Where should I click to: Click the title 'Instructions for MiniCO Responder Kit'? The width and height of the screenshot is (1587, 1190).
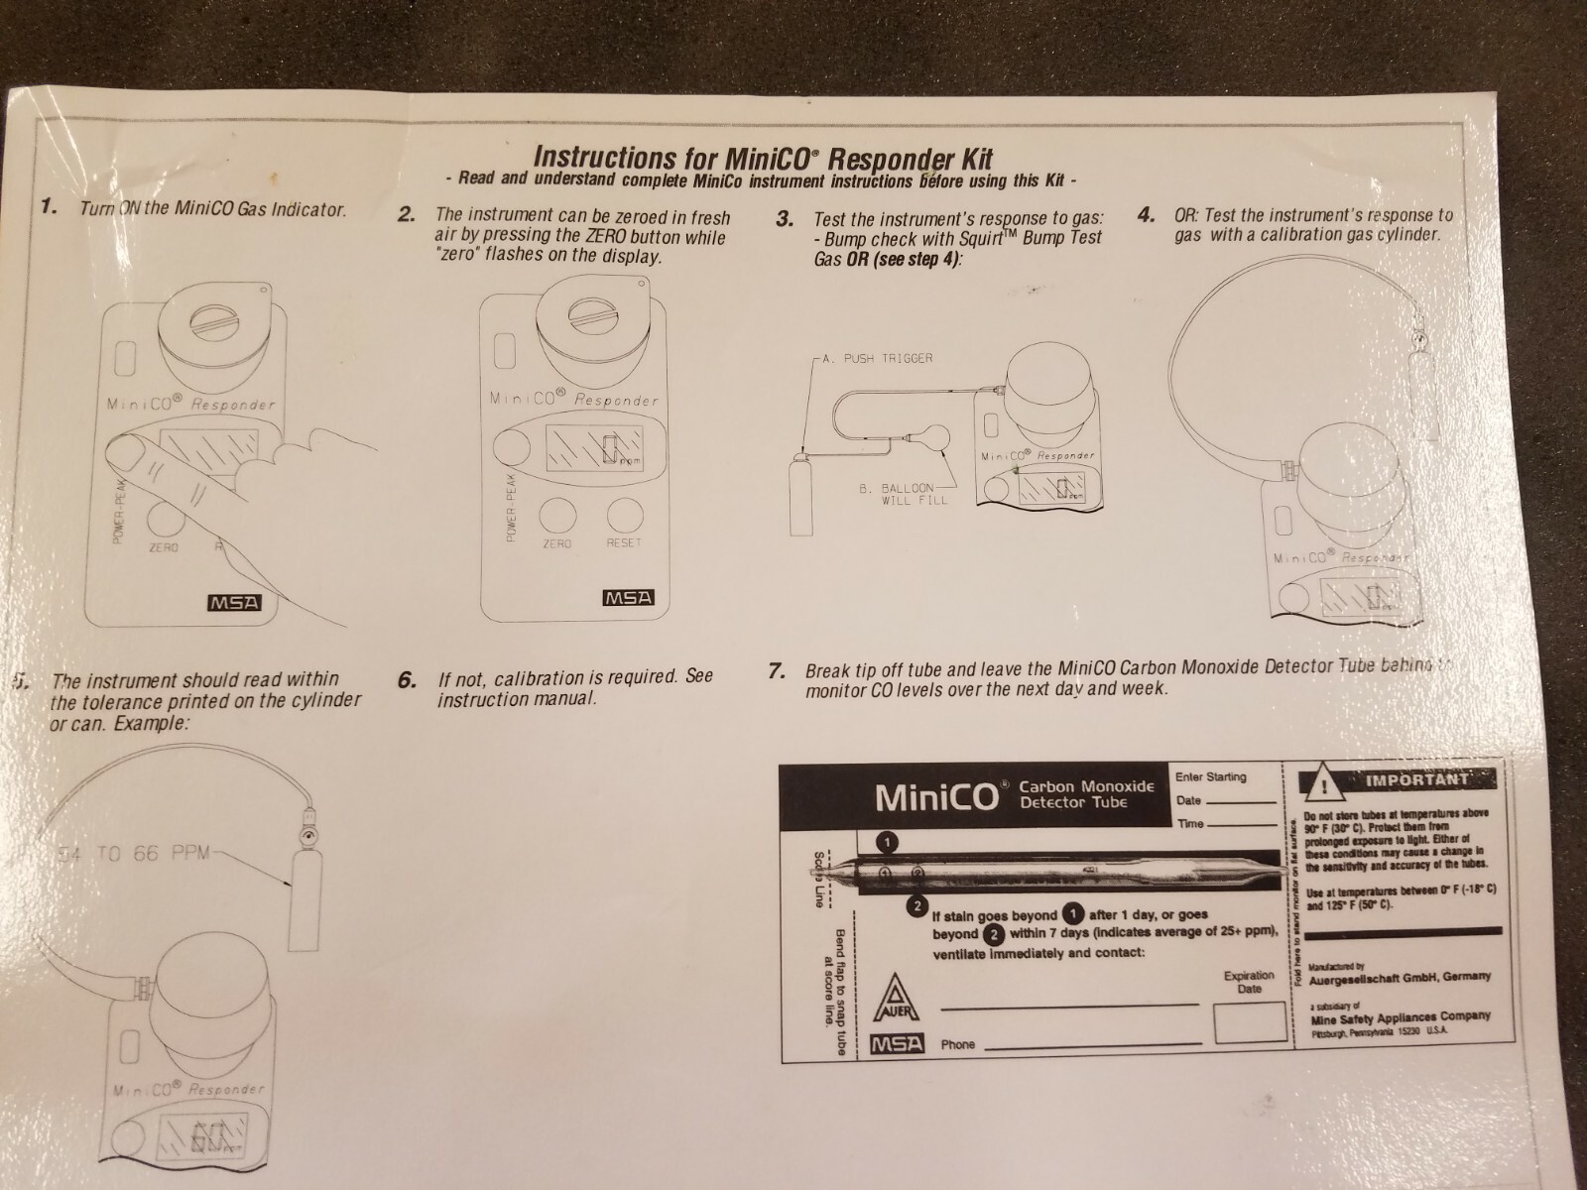click(x=762, y=157)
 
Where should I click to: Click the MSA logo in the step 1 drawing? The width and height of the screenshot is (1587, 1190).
click(x=234, y=603)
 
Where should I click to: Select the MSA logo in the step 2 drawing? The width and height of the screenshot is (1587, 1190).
click(x=629, y=599)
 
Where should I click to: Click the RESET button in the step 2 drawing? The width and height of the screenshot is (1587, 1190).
click(x=624, y=514)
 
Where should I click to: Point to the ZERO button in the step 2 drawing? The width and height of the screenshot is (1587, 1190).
click(x=556, y=514)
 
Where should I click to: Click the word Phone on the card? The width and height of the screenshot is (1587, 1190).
click(x=957, y=1044)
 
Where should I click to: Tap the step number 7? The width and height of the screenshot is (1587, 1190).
click(x=778, y=670)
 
